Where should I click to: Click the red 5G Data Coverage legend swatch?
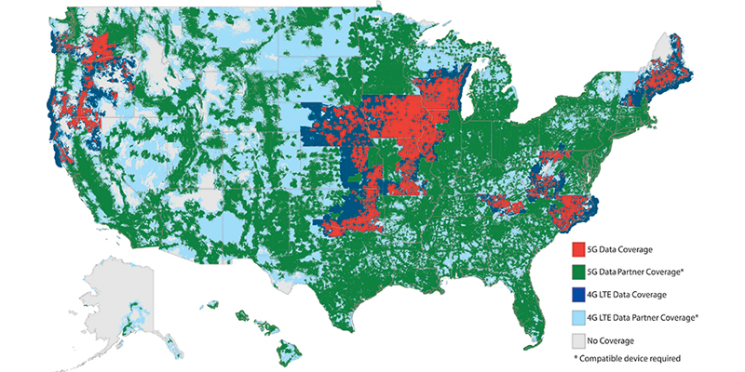pos(578,250)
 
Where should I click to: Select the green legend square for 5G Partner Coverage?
pos(578,272)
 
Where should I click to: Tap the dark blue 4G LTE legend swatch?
pos(578,294)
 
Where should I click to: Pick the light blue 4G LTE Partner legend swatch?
pos(578,317)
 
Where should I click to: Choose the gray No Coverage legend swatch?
pos(578,339)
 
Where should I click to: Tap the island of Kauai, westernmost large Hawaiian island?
pos(213,304)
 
